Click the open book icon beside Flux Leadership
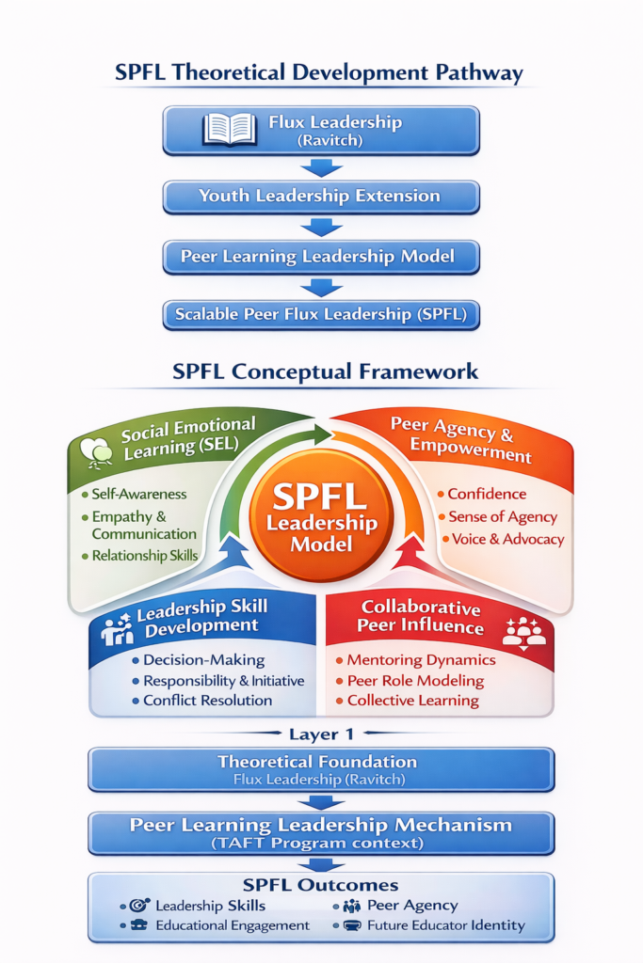(x=230, y=129)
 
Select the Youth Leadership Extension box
(x=320, y=197)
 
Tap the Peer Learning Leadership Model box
(x=320, y=257)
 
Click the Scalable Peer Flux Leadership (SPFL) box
(x=320, y=314)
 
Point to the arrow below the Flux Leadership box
(x=321, y=167)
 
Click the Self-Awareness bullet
(x=138, y=494)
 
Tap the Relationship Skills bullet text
(x=144, y=556)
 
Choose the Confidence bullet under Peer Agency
(x=486, y=494)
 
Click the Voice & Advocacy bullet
(x=506, y=540)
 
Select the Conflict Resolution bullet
(x=207, y=701)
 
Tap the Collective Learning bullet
(x=412, y=701)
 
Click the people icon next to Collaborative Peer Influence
(x=523, y=630)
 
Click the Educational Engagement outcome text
(x=232, y=925)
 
